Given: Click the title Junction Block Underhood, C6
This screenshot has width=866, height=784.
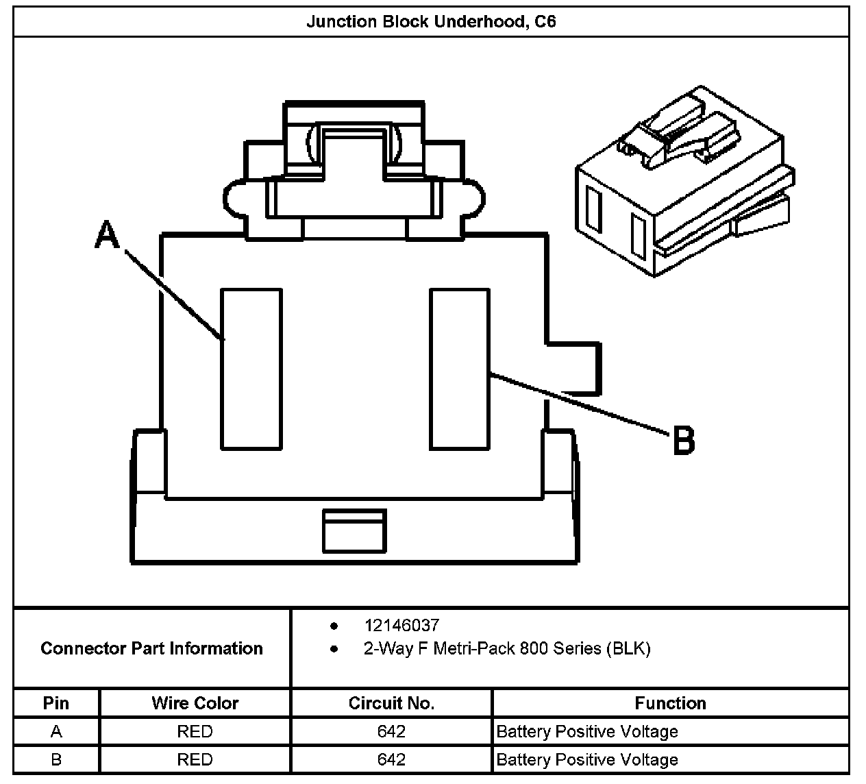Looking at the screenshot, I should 431,21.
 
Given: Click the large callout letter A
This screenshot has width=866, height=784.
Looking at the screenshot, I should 108,234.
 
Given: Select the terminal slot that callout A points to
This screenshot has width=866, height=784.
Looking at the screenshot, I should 251,369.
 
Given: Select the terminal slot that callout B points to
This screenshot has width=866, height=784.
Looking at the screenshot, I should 460,369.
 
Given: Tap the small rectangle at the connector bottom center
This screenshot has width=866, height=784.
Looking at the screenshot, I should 354,530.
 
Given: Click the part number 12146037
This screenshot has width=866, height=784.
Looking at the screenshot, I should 401,625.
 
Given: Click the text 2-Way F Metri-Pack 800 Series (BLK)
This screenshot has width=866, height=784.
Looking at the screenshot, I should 506,648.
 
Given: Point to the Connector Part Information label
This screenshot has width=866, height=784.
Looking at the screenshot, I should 151,648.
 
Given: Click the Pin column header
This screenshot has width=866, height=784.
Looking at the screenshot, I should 56,703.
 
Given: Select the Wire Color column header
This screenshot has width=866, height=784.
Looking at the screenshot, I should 195,703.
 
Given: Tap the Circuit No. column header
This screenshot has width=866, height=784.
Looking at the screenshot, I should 391,703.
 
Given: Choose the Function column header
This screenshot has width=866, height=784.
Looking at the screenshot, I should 670,703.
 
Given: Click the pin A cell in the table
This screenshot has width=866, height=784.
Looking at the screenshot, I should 56,731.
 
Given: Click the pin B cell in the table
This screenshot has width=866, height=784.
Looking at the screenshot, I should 56,759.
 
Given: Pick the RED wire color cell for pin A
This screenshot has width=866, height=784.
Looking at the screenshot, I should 195,731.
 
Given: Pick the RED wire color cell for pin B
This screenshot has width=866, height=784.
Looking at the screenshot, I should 195,759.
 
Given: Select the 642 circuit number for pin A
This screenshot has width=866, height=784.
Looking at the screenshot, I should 391,731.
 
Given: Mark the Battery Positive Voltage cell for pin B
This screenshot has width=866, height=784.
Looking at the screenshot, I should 587,759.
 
